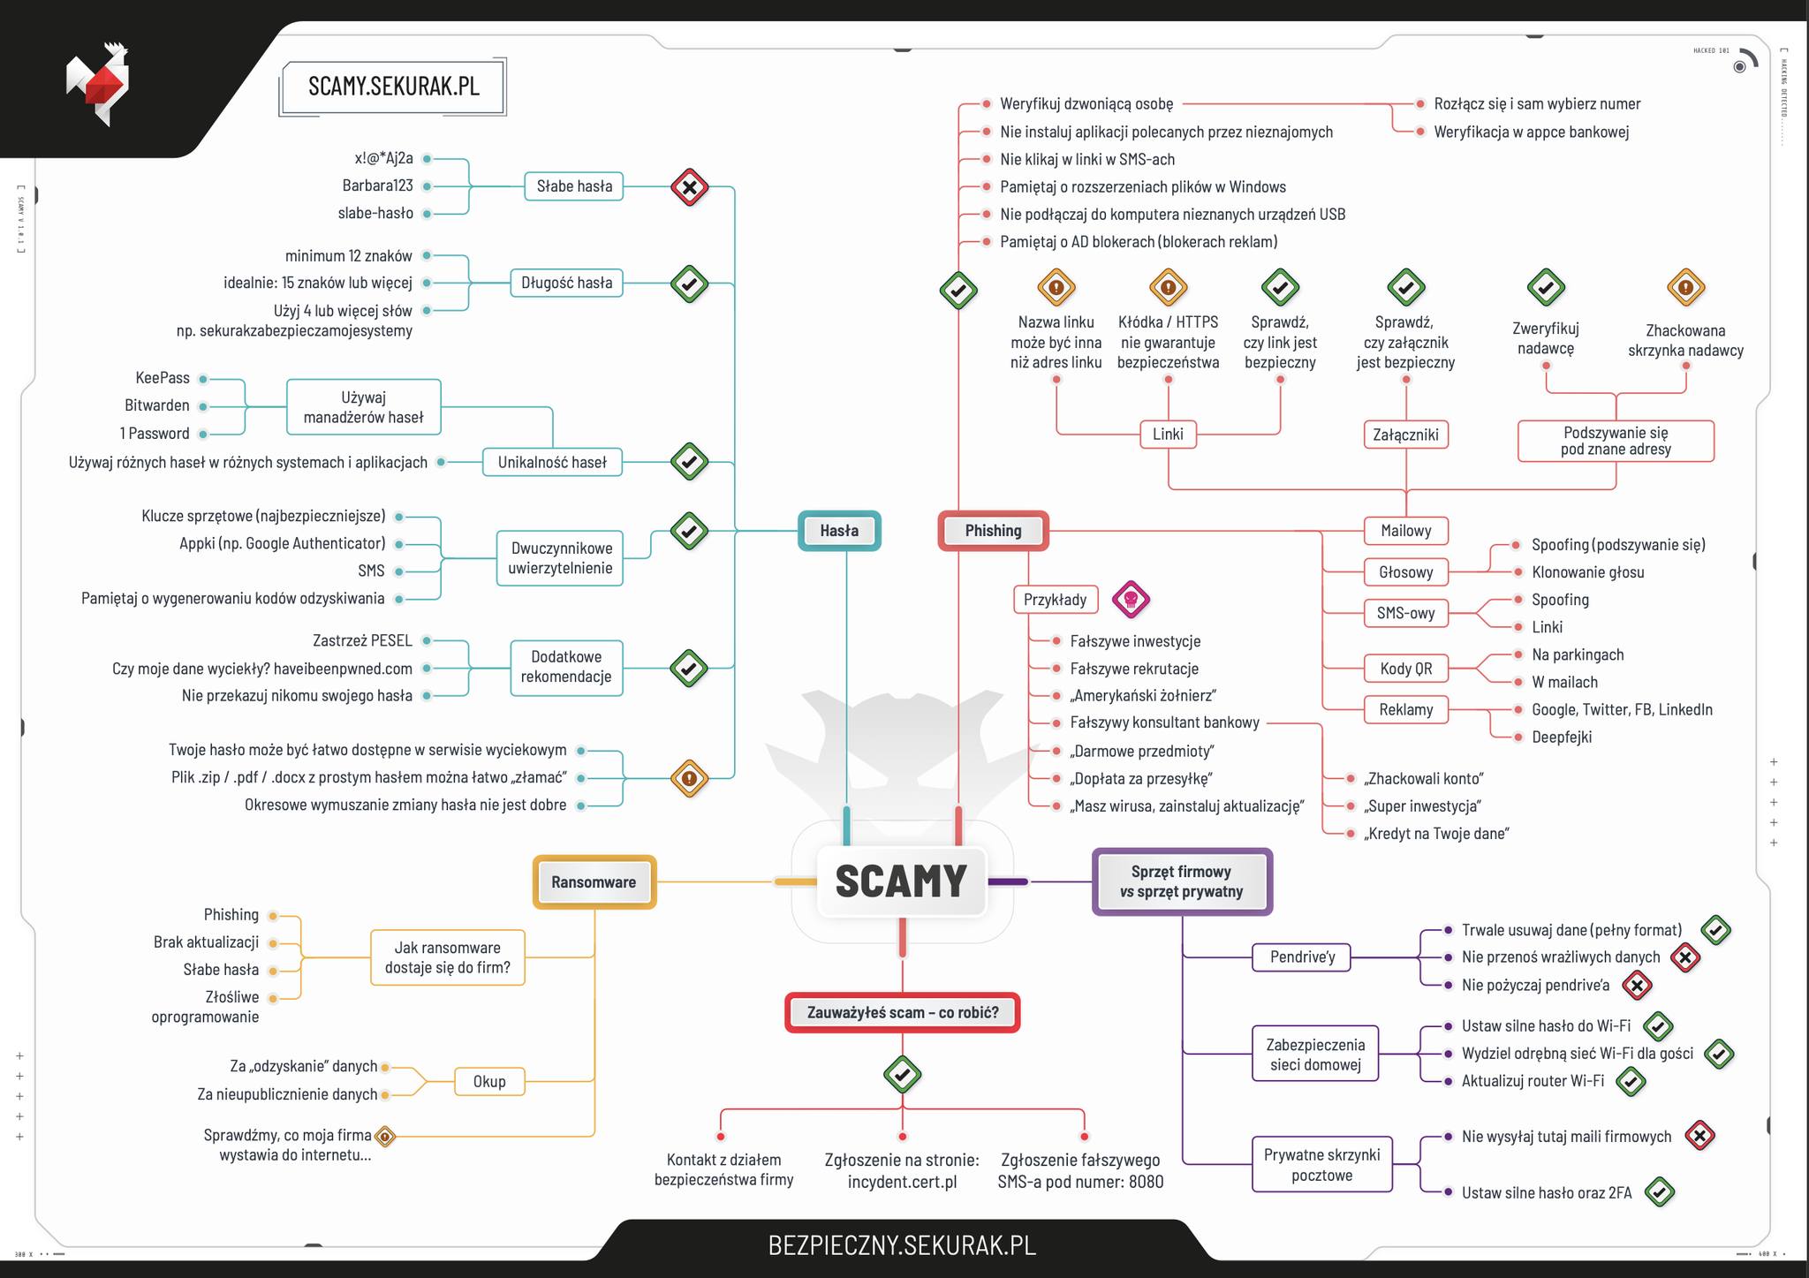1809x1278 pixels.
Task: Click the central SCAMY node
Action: [901, 881]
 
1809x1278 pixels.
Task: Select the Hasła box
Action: [839, 531]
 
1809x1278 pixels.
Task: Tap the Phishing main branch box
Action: [993, 531]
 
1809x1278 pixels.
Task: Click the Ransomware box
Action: [594, 882]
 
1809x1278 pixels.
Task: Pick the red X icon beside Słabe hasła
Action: [689, 187]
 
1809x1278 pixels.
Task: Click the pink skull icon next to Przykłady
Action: [1131, 601]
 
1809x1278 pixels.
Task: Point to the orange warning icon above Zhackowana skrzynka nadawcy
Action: [1685, 288]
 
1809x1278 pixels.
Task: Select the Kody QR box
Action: [1405, 669]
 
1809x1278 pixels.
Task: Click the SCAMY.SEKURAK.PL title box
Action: [393, 87]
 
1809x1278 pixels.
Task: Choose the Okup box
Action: [489, 1082]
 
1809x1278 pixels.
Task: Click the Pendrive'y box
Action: [1302, 957]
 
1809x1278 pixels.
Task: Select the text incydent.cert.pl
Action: [902, 1182]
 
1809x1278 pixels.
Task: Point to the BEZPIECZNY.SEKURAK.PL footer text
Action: [902, 1245]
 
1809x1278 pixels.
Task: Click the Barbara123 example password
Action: [377, 185]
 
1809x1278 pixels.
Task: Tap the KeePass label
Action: [163, 378]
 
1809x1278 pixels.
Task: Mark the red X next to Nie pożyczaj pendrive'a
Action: [1637, 986]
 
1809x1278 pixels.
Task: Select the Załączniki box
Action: [1405, 435]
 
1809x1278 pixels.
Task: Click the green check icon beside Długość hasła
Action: [689, 284]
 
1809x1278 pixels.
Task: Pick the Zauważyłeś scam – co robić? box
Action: [902, 1013]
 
